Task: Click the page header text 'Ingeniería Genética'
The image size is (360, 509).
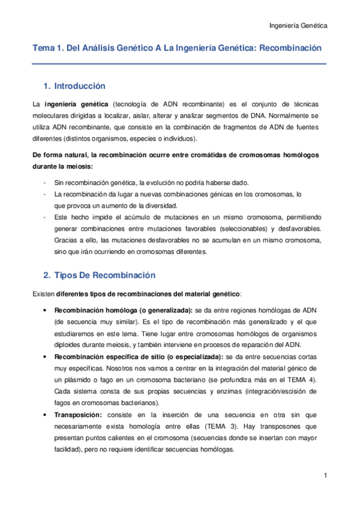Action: tap(297, 26)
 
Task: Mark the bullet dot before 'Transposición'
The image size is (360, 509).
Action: tap(46, 414)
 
